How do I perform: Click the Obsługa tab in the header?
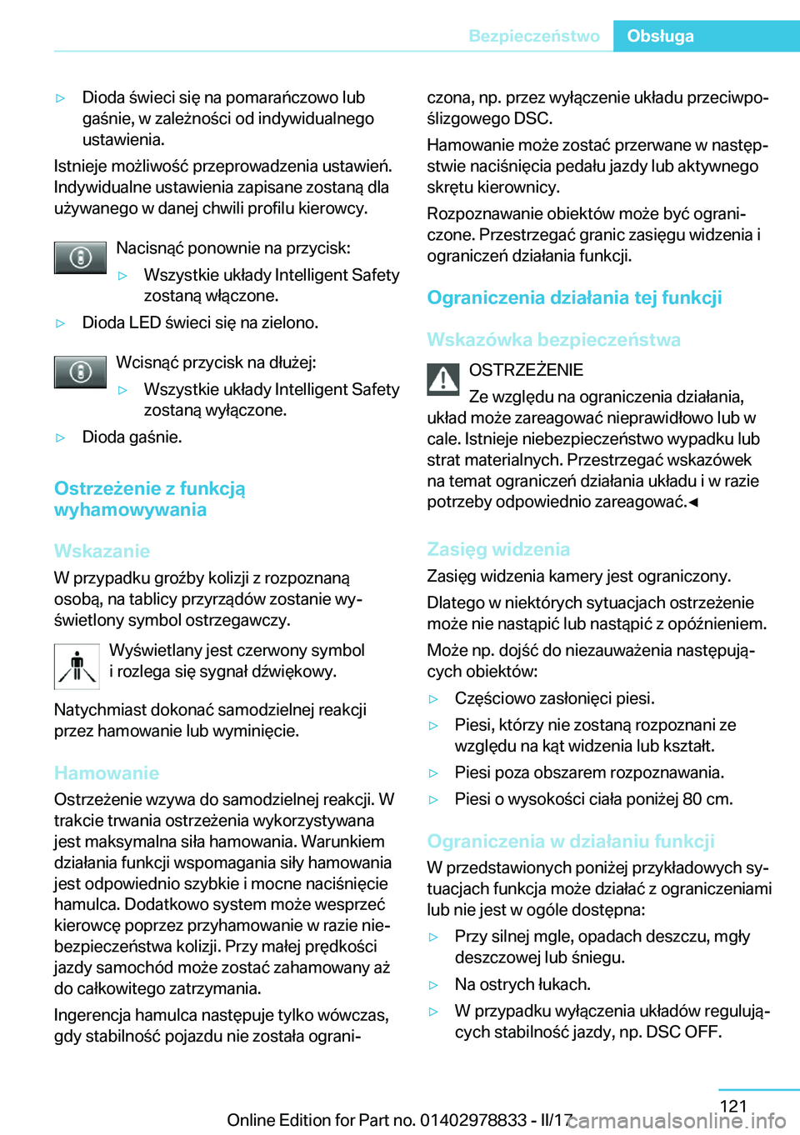tap(660, 36)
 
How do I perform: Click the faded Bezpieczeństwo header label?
tap(534, 36)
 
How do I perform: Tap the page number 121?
tap(733, 1106)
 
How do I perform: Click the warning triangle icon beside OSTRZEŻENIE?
tap(443, 380)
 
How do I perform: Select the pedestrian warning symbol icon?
tap(77, 667)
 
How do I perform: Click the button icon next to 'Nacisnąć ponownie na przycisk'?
tap(80, 257)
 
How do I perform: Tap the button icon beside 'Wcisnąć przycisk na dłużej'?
tap(80, 372)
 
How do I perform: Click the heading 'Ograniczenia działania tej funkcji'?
tap(574, 297)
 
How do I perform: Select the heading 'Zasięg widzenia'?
tap(498, 549)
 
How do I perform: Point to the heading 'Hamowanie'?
tap(107, 772)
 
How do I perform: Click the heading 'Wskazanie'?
tap(102, 551)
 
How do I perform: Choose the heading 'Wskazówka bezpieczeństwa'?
tap(553, 339)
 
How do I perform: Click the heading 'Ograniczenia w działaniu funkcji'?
tap(571, 841)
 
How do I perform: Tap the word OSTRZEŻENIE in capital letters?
tap(526, 370)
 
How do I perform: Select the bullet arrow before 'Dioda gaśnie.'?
tap(60, 437)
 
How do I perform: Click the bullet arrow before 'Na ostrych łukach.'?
tap(433, 985)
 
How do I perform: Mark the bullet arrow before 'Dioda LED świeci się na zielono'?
tap(60, 323)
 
